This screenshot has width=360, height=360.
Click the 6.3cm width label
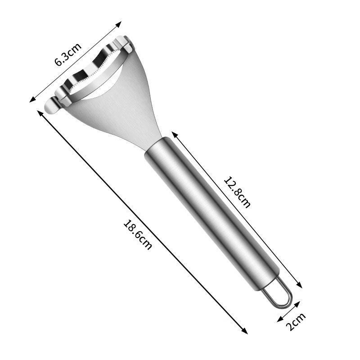pos(68,54)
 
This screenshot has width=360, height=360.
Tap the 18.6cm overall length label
pos(138,234)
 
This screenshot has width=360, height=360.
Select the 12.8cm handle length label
pos(237,191)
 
